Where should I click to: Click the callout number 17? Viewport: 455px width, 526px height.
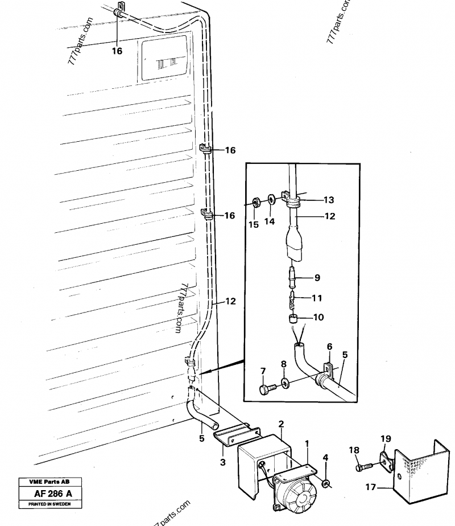coord(371,487)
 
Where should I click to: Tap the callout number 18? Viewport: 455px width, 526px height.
coord(354,450)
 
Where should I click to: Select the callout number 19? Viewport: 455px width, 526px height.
coord(386,439)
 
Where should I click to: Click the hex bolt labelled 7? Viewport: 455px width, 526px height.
coord(267,389)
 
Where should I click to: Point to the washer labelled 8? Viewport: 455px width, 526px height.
coord(286,383)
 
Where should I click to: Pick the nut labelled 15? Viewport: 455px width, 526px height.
coord(255,202)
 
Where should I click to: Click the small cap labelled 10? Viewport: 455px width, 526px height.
coord(293,318)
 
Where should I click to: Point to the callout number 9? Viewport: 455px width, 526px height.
coord(317,278)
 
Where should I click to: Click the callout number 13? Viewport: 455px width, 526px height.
coord(329,200)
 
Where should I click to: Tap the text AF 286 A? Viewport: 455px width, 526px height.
coord(53,494)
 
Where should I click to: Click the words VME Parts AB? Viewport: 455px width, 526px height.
coord(49,482)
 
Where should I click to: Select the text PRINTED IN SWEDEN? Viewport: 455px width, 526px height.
coord(49,504)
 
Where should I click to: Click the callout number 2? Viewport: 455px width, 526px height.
coord(281,424)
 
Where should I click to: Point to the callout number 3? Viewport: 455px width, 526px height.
coord(223,462)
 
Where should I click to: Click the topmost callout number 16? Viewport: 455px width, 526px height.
coord(117,51)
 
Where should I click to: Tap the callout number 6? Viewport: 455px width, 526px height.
coord(330,347)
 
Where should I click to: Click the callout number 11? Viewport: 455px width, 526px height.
coord(317,298)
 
